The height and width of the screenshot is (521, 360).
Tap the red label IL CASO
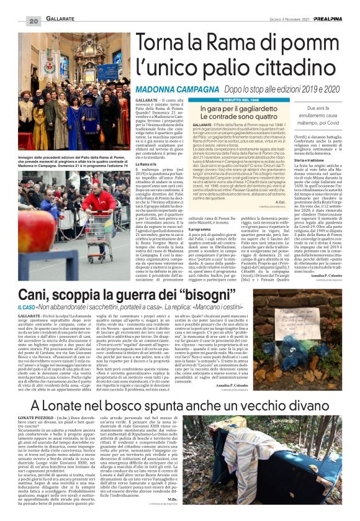27,307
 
